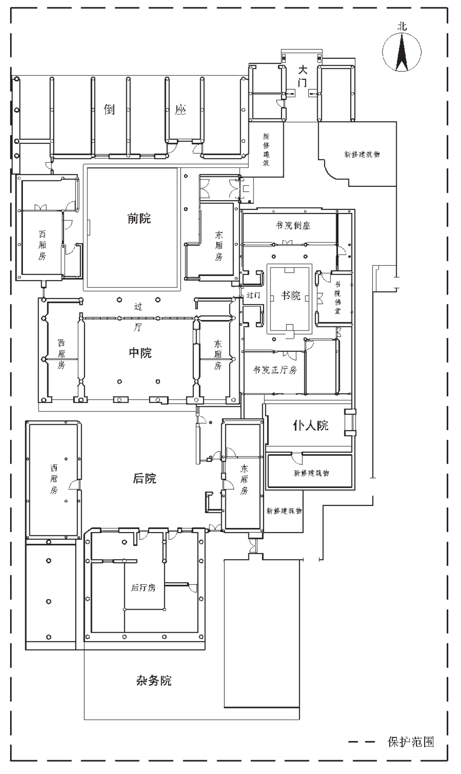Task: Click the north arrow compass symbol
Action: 402,52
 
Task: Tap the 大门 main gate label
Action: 303,76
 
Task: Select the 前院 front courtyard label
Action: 139,219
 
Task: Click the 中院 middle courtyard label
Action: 140,353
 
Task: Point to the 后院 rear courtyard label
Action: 145,478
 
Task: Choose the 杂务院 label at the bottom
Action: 154,681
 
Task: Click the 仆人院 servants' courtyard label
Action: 311,426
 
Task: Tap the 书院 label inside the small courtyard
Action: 290,296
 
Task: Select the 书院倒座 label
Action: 293,225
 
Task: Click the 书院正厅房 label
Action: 275,370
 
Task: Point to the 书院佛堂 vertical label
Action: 337,297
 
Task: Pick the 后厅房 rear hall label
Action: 143,588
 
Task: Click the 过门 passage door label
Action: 253,296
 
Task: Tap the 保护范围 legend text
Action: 410,742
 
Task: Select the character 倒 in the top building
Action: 109,110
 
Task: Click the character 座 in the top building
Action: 180,110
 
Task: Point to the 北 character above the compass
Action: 402,27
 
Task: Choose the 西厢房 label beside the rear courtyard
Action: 54,479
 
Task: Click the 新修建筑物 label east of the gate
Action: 362,154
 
